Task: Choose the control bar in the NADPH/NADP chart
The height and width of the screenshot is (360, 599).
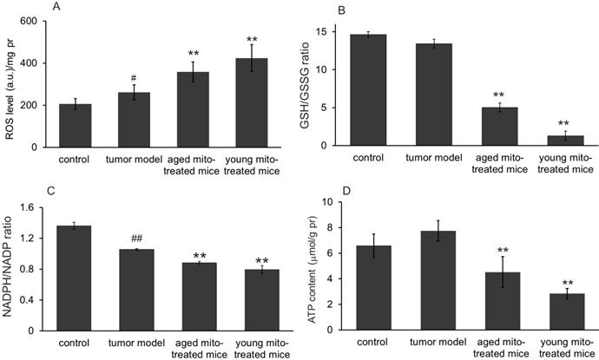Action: [81, 278]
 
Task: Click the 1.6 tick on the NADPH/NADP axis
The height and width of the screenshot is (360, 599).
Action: [28, 207]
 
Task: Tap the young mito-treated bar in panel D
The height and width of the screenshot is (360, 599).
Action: [565, 312]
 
